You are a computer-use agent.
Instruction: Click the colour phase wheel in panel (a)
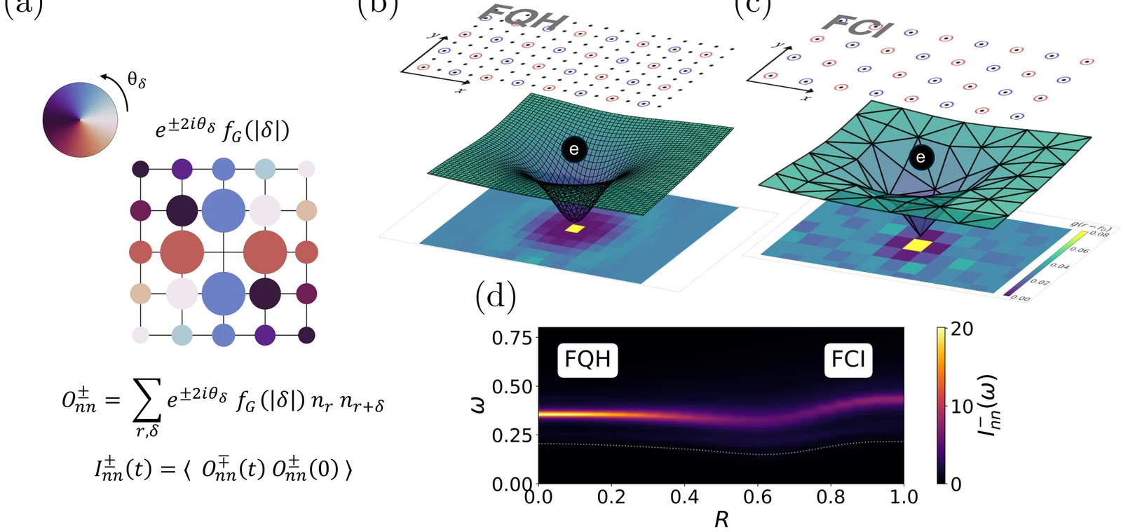[x=79, y=120]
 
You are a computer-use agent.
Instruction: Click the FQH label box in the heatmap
[x=587, y=360]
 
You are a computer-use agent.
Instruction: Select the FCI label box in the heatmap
[x=848, y=360]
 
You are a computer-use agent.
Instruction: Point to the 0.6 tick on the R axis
[x=758, y=498]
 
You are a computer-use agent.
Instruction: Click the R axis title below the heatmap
[x=721, y=519]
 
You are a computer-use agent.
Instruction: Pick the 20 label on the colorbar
[x=962, y=329]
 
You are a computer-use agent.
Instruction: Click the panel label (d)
[x=496, y=296]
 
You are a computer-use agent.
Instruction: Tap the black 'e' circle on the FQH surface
[x=573, y=149]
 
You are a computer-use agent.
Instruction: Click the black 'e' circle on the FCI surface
[x=920, y=158]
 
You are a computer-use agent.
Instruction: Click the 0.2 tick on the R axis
[x=611, y=498]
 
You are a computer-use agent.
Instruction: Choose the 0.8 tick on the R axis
[x=831, y=498]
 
